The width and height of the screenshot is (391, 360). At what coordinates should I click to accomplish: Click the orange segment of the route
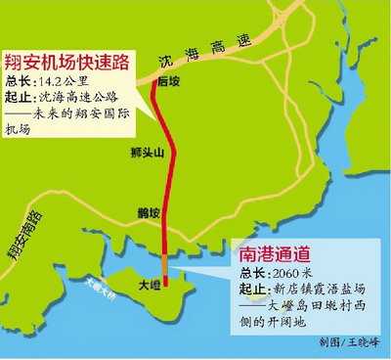tap(164, 258)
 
